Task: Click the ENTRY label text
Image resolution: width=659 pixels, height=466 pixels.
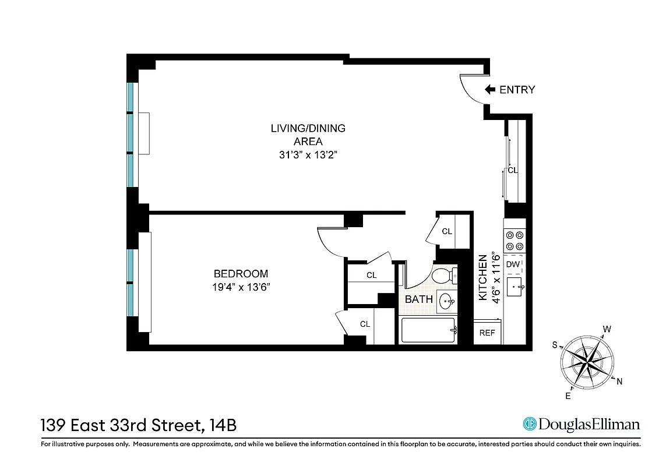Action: (517, 90)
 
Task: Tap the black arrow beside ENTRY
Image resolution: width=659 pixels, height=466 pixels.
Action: (490, 90)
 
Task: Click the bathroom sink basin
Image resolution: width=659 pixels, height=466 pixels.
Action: (446, 302)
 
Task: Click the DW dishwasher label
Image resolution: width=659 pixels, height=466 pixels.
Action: (513, 264)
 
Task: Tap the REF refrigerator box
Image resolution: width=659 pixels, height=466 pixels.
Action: (487, 333)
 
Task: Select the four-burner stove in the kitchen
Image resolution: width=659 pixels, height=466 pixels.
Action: (514, 241)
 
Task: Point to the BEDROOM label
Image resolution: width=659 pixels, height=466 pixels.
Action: (241, 274)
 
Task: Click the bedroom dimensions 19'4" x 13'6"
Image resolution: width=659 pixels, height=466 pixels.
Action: (241, 287)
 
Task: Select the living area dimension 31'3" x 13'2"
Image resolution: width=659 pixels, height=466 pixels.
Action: (308, 155)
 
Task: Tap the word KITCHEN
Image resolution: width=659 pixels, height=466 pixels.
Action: (482, 277)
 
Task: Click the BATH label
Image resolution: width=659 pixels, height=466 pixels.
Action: (419, 299)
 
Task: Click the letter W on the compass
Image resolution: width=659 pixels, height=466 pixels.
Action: (607, 329)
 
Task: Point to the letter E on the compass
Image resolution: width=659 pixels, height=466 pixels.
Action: (568, 396)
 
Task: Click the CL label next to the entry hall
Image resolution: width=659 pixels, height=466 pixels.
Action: (513, 171)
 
